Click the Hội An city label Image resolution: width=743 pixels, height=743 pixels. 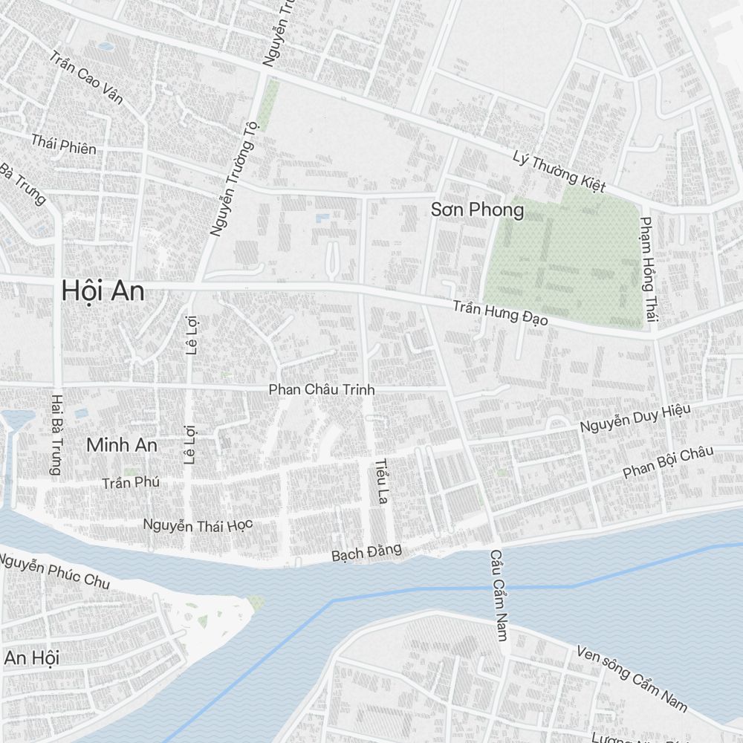click(x=103, y=291)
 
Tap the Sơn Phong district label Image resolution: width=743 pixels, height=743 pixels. click(x=477, y=210)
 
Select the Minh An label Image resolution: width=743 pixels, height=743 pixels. click(x=122, y=445)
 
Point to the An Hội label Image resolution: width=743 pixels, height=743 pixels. click(x=31, y=658)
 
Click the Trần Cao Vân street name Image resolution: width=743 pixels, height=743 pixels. click(x=86, y=78)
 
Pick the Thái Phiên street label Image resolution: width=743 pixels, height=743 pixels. click(x=63, y=143)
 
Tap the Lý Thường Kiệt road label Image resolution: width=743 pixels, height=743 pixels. click(x=559, y=171)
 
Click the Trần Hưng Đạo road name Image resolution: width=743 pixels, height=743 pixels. click(x=501, y=313)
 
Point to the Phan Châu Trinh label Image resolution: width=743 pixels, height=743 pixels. click(x=321, y=389)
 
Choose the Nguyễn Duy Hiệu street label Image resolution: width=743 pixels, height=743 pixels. click(x=635, y=419)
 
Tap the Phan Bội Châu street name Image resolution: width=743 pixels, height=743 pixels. click(x=668, y=461)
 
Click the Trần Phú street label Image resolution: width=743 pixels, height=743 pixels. click(x=132, y=483)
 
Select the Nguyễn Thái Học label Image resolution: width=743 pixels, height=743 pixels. click(x=198, y=525)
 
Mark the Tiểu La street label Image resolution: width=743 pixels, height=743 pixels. click(x=382, y=481)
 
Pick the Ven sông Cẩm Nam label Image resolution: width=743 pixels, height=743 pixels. click(x=632, y=678)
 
